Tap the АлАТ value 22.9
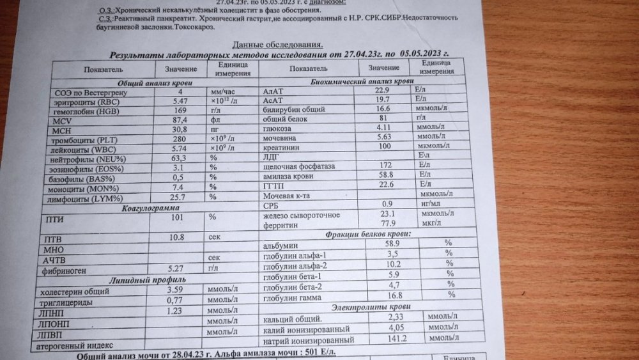[383, 91]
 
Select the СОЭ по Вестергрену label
[85, 93]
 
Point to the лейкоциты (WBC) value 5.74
[181, 148]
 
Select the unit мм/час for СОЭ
[224, 93]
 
